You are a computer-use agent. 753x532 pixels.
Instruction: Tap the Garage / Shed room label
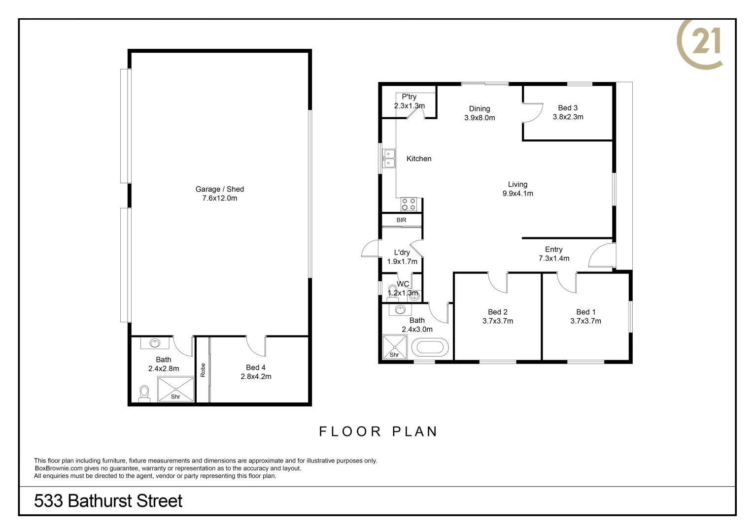tap(220, 189)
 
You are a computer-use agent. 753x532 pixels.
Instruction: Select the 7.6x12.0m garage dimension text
tap(220, 199)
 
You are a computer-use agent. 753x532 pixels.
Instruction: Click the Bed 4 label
tap(256, 367)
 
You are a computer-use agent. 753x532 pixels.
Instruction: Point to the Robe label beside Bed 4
tap(203, 370)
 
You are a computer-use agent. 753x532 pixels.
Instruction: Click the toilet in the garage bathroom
tap(144, 393)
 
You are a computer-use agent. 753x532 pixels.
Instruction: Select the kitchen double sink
tap(389, 158)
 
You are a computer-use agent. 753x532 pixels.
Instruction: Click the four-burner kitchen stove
tap(409, 204)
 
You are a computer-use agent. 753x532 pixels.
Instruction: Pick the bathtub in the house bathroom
tap(430, 348)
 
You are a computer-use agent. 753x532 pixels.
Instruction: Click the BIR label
tap(401, 220)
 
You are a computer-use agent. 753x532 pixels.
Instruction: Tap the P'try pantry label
tap(409, 97)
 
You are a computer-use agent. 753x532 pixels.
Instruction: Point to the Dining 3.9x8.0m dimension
tap(479, 118)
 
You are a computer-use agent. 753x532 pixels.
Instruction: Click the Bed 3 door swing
tap(532, 113)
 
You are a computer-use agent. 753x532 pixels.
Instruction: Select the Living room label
tap(517, 184)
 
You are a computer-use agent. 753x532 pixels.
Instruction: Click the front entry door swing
tap(601, 256)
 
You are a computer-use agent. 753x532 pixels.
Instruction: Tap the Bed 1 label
tap(586, 312)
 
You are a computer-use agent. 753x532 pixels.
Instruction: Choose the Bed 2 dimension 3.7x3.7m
tap(498, 321)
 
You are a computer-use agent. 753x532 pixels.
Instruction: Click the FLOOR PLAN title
tap(378, 432)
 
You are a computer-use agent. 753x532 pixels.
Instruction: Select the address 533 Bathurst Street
tap(108, 501)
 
